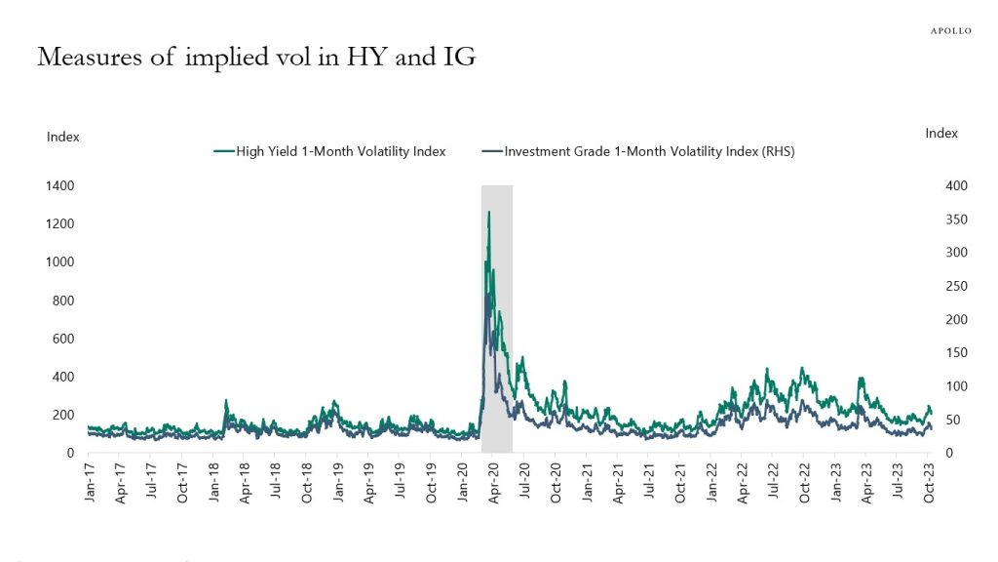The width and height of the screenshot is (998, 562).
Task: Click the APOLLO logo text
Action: point(951,30)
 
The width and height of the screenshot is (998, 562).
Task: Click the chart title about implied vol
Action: point(256,57)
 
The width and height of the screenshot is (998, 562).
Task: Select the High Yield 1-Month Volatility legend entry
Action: point(329,151)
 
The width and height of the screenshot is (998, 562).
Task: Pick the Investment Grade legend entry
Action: point(638,151)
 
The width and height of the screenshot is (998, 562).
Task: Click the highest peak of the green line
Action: point(488,212)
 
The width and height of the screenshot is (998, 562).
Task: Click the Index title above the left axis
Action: point(63,137)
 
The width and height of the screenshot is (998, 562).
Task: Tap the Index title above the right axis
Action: point(941,133)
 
